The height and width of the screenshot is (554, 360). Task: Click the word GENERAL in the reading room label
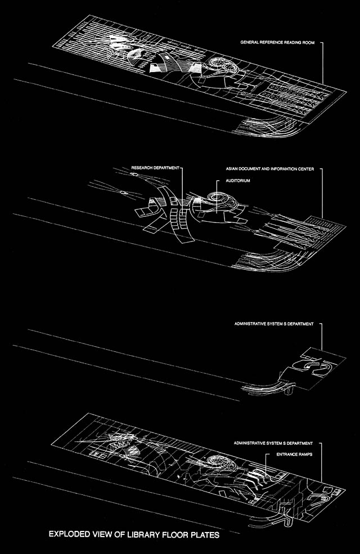click(249, 42)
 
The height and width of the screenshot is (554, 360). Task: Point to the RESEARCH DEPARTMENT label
click(155, 168)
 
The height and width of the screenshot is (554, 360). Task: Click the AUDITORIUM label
click(238, 181)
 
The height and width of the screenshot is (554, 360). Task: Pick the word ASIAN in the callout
click(232, 169)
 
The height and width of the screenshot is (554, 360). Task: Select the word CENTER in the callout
click(306, 169)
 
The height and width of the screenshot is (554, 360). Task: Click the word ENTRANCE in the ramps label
click(286, 454)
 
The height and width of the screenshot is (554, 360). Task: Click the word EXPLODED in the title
click(70, 534)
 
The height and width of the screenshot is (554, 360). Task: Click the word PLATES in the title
click(205, 534)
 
